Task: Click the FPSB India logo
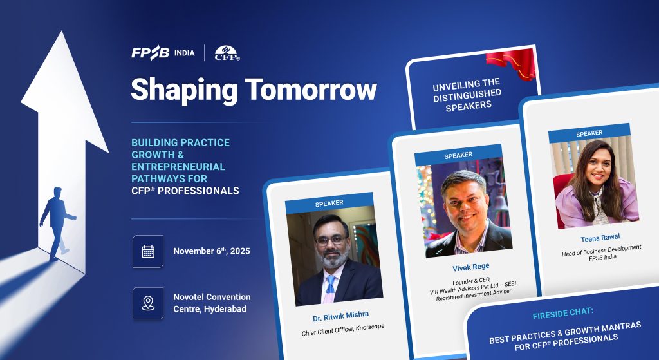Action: pyautogui.click(x=163, y=53)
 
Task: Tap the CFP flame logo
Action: pyautogui.click(x=227, y=53)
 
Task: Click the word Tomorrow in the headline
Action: pyautogui.click(x=311, y=90)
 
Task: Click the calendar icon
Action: pyautogui.click(x=148, y=252)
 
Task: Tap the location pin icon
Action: pyautogui.click(x=148, y=303)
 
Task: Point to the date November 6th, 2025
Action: pyautogui.click(x=212, y=251)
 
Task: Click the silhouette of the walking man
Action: pyautogui.click(x=57, y=223)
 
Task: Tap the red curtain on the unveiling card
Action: pyautogui.click(x=511, y=63)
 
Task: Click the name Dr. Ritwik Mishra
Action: pyautogui.click(x=341, y=316)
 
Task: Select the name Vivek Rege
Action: pyautogui.click(x=470, y=267)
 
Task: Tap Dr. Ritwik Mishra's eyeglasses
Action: pyautogui.click(x=331, y=240)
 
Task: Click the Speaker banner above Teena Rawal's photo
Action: pyautogui.click(x=589, y=133)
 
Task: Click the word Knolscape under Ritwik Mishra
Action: pyautogui.click(x=370, y=327)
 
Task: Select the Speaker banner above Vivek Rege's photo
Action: pyautogui.click(x=458, y=155)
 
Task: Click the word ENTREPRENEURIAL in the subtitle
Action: pyautogui.click(x=178, y=167)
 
